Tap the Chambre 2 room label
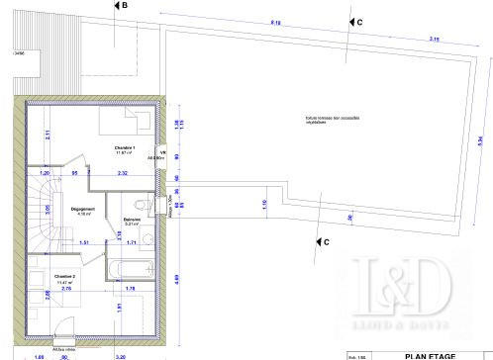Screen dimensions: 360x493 65,278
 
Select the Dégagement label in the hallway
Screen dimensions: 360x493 82,209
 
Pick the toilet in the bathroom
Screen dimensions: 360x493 145,204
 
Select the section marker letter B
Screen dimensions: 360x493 123,5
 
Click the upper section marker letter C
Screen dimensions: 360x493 358,21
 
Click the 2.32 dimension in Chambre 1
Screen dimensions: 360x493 122,174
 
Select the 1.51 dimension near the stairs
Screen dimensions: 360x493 84,242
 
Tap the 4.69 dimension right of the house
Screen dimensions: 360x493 176,279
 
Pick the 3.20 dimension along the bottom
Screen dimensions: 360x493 121,356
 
